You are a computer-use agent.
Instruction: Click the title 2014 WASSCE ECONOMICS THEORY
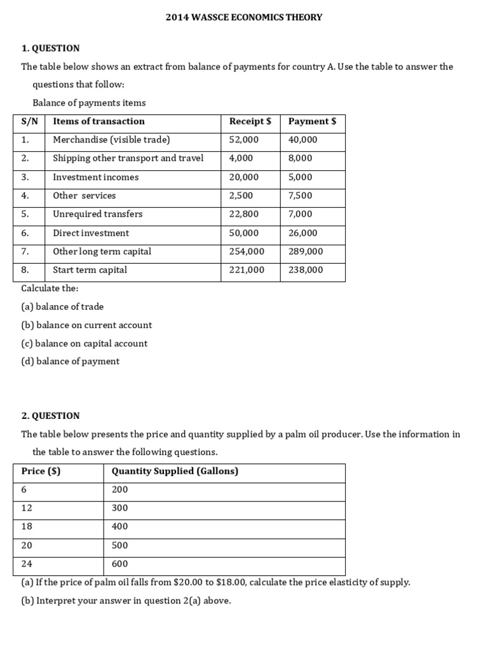point(244,17)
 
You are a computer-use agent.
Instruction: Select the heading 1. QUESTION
point(51,48)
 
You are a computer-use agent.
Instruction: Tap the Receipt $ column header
point(250,121)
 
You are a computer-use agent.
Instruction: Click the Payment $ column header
point(312,121)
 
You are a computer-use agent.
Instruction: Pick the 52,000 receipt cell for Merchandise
point(244,140)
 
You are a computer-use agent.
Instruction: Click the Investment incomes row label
point(95,177)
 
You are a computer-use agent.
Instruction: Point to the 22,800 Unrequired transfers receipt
point(244,214)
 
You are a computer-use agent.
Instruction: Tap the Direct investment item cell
point(91,233)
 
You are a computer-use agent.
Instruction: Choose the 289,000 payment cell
point(306,252)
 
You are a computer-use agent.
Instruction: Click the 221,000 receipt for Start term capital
point(247,270)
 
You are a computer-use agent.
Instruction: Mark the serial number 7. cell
point(25,252)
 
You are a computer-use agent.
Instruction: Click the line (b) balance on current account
point(86,325)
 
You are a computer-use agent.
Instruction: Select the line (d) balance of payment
point(70,362)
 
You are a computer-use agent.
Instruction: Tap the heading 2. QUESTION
point(51,416)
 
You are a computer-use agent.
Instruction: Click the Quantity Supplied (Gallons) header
point(175,471)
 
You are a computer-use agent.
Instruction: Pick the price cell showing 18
point(27,526)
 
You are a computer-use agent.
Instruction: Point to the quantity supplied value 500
point(119,545)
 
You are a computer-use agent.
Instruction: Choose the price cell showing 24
point(27,564)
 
